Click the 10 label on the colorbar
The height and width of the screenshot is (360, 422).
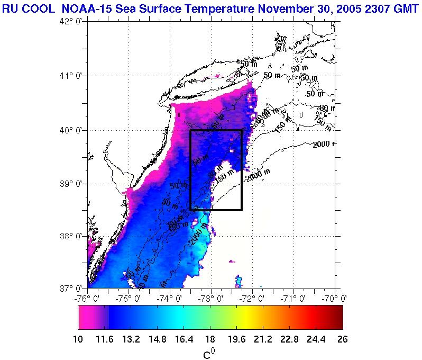coord(78,339)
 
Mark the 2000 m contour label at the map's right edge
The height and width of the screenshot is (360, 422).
coord(324,145)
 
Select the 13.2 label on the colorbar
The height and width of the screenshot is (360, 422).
coord(131,339)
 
